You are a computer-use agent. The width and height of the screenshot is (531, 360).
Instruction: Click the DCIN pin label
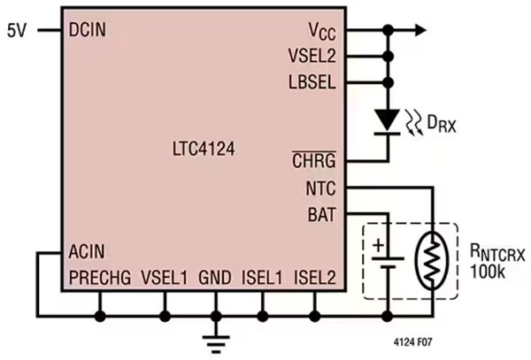pyautogui.click(x=88, y=29)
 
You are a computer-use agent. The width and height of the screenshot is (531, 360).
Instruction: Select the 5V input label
pyautogui.click(x=18, y=29)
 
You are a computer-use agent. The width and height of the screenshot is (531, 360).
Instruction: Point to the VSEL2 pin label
pyautogui.click(x=312, y=56)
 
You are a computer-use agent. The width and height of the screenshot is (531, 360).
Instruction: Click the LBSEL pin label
pyautogui.click(x=312, y=82)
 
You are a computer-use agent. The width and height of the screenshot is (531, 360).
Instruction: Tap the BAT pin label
pyautogui.click(x=320, y=212)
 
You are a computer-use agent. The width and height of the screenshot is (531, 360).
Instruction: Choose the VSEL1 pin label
pyautogui.click(x=165, y=278)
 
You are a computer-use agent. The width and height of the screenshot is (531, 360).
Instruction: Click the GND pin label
pyautogui.click(x=215, y=278)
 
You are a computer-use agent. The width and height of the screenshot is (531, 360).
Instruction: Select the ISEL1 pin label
pyautogui.click(x=262, y=278)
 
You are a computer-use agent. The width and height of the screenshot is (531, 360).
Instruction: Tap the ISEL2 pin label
pyautogui.click(x=315, y=278)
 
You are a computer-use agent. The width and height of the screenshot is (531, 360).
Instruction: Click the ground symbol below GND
pyautogui.click(x=213, y=336)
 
